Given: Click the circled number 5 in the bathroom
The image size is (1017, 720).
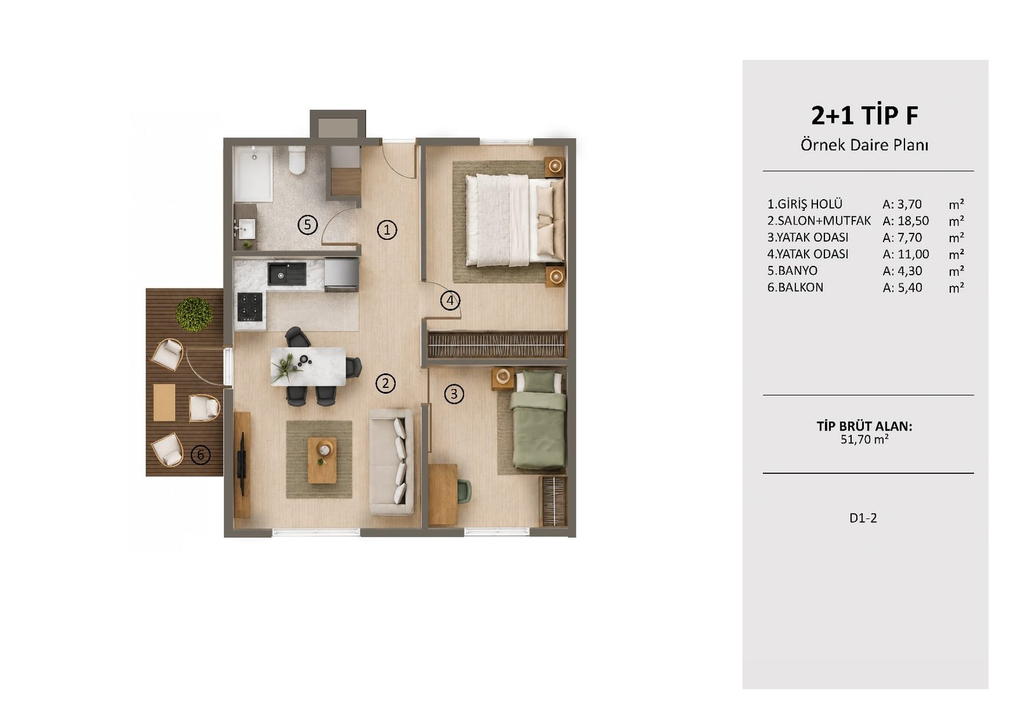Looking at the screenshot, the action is coord(308,225).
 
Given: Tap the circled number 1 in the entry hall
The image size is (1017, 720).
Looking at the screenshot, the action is coord(387,230).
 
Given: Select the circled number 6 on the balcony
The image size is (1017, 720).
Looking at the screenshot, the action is coord(201,455).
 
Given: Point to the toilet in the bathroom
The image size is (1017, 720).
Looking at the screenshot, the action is coord(297,160).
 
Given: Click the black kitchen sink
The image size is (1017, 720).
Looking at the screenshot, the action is coord(287,273).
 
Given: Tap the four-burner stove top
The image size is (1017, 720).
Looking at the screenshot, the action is coord(250,306).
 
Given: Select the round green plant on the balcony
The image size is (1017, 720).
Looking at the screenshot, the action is coord(195,314).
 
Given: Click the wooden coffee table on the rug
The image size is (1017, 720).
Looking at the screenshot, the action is coord(322,460).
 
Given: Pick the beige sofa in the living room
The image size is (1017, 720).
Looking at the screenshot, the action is coord(392,462).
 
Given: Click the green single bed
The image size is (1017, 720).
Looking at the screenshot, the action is coord(538,419).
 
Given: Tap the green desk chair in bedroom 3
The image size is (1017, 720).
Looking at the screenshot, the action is coord(464,492).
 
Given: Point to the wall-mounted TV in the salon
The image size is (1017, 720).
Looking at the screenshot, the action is coord(243,463).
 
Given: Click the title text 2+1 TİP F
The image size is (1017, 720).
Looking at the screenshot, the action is coord(864,116).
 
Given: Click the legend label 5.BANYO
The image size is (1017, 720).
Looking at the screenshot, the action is coord(792,271).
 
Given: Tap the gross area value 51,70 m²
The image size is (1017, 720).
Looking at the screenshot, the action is coord(864,440).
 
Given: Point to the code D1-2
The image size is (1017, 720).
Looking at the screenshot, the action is coord(863,518).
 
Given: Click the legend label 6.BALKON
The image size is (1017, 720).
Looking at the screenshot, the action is coord(795,287).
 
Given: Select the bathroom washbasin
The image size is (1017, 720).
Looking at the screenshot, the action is coord(246,228).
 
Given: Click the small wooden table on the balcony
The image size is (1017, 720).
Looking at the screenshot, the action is coord(165,403).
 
